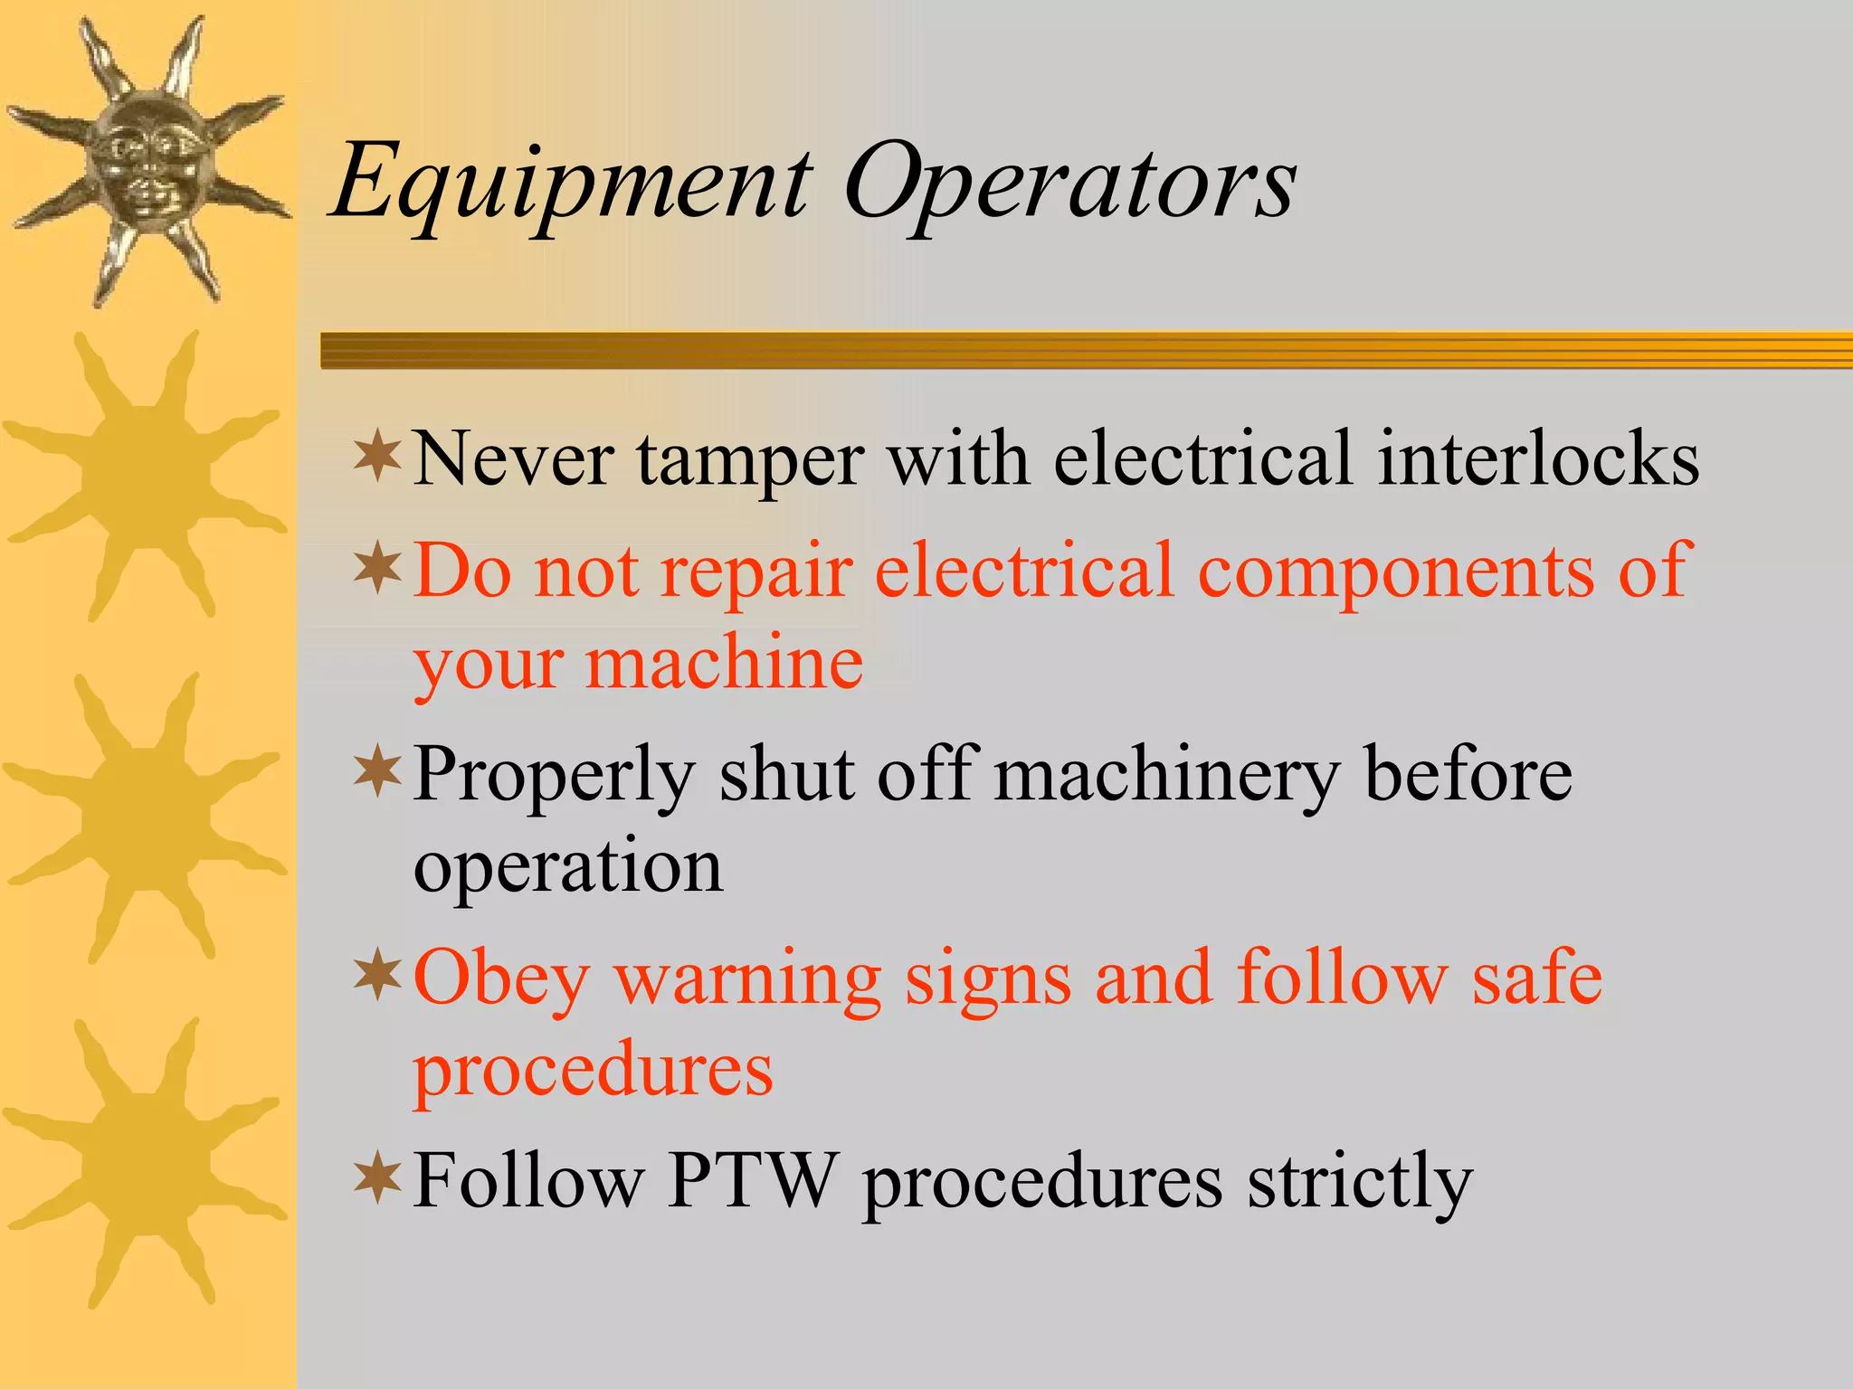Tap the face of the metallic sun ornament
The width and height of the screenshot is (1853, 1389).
coord(147,163)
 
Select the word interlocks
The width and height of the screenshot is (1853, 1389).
coord(1538,458)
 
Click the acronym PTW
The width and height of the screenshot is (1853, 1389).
coord(751,1180)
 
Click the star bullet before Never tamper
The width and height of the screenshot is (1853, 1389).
coord(377,457)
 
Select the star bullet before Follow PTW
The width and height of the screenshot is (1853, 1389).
coord(377,1178)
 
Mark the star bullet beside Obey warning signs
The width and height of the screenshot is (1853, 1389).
coord(377,977)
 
